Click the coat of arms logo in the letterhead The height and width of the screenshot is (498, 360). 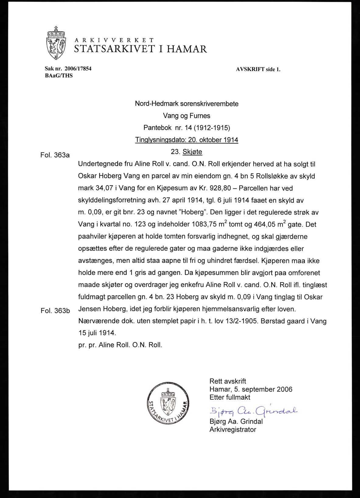56,43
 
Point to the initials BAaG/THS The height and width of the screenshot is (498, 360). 59,75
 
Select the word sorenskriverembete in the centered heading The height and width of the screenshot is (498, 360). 209,104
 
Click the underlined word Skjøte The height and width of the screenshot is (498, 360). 192,152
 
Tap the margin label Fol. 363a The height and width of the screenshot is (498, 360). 55,155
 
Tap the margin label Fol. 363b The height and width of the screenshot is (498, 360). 55,311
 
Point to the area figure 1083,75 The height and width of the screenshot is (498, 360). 204,225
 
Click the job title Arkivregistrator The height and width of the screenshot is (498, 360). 233,430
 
